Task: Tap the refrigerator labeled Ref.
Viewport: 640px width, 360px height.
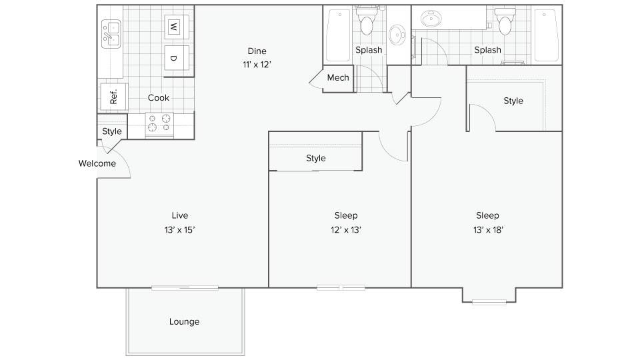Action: click(x=114, y=97)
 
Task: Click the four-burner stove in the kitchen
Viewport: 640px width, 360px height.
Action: click(x=159, y=124)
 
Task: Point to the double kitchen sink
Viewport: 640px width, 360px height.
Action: click(x=111, y=34)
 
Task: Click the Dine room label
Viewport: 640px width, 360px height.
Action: click(x=257, y=51)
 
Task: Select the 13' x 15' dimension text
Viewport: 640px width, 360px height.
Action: click(x=179, y=230)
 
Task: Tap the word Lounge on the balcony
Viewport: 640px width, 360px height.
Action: click(x=185, y=321)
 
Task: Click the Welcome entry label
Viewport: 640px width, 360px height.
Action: click(x=97, y=163)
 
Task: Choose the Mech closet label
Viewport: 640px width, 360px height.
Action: click(x=338, y=77)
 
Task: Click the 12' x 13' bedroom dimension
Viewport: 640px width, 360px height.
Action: click(x=346, y=230)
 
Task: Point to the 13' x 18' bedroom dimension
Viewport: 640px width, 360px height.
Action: click(x=488, y=230)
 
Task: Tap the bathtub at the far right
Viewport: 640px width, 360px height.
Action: click(x=546, y=35)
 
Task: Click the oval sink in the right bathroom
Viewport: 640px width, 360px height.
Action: click(x=431, y=19)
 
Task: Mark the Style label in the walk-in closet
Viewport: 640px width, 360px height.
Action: click(x=513, y=101)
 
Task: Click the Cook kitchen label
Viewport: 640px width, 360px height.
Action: click(x=159, y=97)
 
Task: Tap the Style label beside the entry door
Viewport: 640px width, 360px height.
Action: click(x=112, y=131)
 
